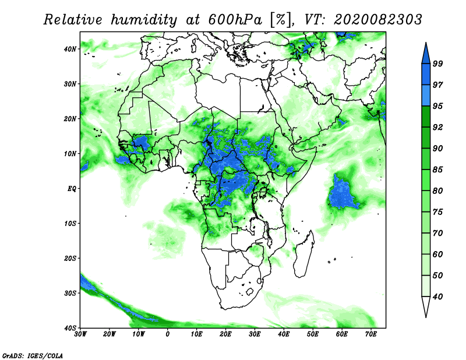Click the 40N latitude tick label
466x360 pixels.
point(70,49)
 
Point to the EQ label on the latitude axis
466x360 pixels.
point(72,189)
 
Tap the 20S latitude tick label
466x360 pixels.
point(70,258)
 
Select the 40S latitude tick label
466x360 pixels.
point(70,328)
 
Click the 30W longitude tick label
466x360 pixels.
point(80,334)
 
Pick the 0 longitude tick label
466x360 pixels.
point(168,334)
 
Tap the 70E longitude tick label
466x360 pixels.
point(371,334)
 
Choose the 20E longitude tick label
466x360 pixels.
point(225,334)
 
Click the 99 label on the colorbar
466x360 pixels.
point(437,63)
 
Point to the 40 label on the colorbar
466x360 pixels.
point(437,297)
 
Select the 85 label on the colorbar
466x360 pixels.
point(437,170)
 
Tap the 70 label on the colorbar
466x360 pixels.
point(437,233)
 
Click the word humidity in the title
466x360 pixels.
point(144,20)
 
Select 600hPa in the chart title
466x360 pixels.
point(235,20)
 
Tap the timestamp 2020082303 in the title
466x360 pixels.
point(377,20)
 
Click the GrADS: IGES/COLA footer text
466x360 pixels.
point(33,355)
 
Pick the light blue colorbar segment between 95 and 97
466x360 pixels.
point(426,96)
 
